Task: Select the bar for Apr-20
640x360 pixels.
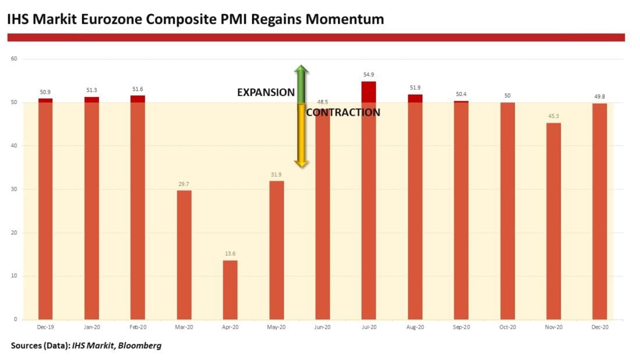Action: pos(230,290)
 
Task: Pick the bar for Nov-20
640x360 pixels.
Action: pos(553,221)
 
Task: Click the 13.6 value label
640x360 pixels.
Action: pos(230,254)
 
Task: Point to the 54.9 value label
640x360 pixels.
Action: pos(369,76)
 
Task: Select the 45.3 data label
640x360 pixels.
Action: pos(553,117)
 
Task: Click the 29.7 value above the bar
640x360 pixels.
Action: pos(184,184)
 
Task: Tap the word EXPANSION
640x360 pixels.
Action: pos(266,92)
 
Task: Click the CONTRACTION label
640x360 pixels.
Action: pos(343,112)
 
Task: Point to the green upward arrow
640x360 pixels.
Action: pos(301,84)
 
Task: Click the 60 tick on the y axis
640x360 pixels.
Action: pos(15,59)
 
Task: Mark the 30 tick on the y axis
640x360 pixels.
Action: pos(15,189)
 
